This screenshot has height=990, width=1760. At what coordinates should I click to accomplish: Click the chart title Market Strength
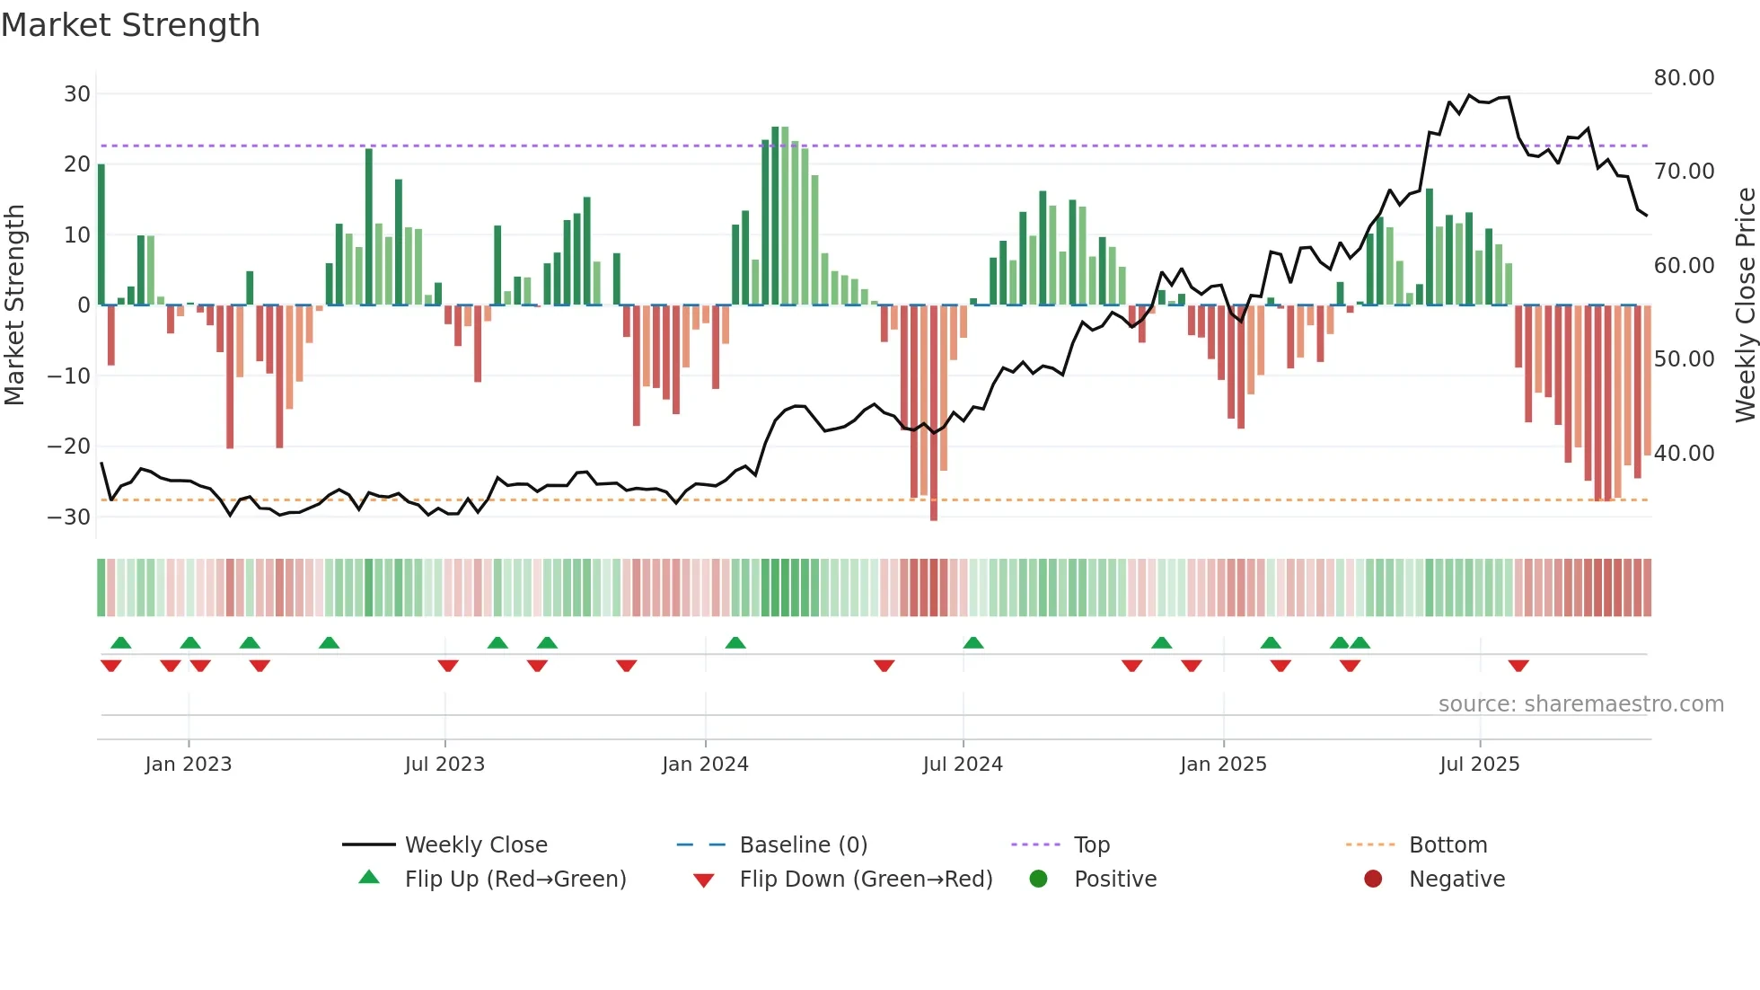tap(130, 25)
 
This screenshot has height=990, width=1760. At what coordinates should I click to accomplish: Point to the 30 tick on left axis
tap(77, 94)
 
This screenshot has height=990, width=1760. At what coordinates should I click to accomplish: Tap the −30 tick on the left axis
tap(70, 517)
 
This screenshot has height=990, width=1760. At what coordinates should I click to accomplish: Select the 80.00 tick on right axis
tap(1684, 78)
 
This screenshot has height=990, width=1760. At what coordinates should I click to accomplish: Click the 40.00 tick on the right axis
tap(1684, 454)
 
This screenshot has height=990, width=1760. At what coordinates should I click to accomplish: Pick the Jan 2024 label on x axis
tap(705, 765)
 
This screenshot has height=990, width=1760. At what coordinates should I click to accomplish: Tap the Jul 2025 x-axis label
tap(1479, 765)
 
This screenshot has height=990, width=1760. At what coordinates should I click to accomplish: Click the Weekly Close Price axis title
tap(1745, 305)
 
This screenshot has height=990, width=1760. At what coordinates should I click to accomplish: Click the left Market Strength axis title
tap(14, 305)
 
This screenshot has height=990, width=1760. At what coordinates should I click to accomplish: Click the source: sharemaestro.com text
tap(1580, 704)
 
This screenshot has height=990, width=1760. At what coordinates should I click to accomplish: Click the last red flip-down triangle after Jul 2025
tap(1518, 666)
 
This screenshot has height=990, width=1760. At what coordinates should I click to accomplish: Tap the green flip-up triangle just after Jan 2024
tap(735, 642)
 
